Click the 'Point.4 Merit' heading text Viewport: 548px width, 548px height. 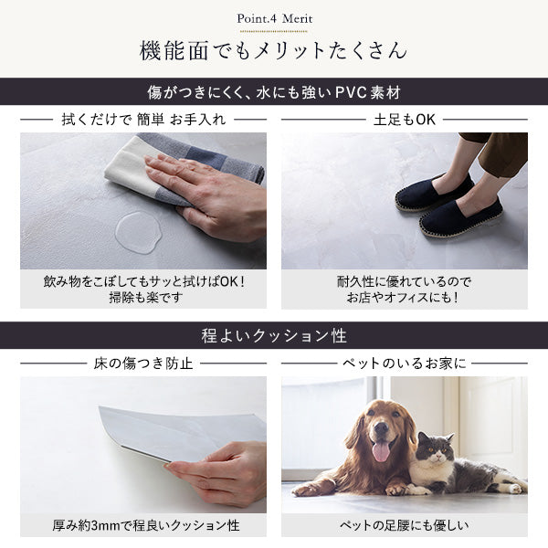click(x=274, y=18)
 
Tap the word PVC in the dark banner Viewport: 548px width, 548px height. click(x=351, y=92)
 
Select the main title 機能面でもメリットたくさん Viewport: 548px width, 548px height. click(x=274, y=51)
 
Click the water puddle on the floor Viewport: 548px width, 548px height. click(x=139, y=232)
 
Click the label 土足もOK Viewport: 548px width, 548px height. click(x=405, y=120)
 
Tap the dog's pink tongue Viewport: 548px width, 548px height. click(x=381, y=451)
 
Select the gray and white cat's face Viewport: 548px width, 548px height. click(x=436, y=451)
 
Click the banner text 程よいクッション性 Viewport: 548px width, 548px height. click(x=274, y=336)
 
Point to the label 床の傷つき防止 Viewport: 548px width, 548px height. click(x=143, y=364)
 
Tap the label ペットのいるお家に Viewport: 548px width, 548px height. click(x=405, y=364)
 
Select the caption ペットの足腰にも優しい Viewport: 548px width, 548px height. click(x=405, y=525)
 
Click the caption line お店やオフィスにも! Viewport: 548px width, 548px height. click(x=403, y=298)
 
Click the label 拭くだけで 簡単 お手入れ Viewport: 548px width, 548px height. click(x=143, y=120)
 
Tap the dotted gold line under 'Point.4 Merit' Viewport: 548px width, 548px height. click(x=274, y=31)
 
